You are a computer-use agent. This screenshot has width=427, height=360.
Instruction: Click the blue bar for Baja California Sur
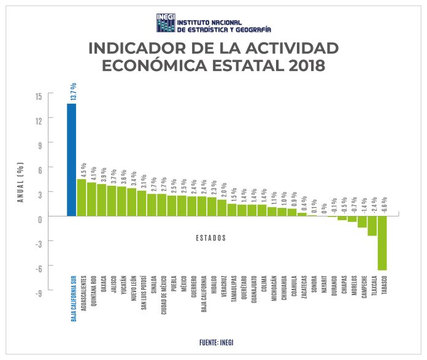coord(72,160)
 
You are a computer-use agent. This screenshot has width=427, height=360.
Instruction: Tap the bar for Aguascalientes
coord(82,197)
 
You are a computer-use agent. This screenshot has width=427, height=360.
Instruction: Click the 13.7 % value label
coord(72,92)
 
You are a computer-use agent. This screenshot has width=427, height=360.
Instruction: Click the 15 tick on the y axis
coord(38,96)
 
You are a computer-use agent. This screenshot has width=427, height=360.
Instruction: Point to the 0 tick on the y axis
coord(39,218)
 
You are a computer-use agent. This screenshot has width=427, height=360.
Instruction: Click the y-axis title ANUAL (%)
coord(20,182)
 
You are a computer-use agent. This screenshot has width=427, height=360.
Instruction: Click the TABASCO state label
coord(383,287)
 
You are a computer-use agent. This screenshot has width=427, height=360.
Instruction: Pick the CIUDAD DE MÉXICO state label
coord(163,294)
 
